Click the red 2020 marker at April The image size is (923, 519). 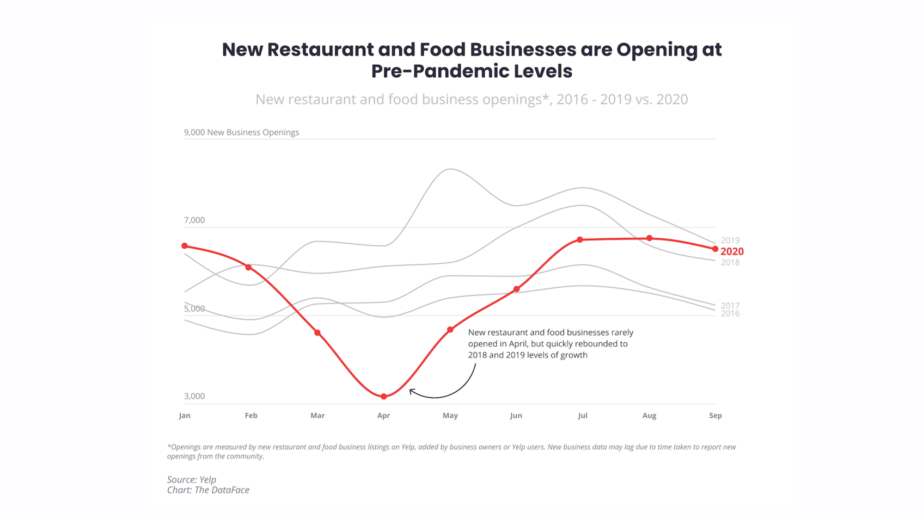(x=384, y=397)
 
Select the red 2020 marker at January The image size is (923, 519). (x=185, y=246)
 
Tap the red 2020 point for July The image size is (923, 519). (x=580, y=239)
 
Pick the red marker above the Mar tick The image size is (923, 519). (x=317, y=332)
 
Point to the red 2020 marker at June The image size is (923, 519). (x=516, y=289)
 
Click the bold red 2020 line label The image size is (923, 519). (x=732, y=251)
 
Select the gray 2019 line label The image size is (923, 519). (x=730, y=240)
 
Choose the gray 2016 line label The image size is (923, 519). (x=730, y=313)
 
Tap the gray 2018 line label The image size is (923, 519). (x=730, y=262)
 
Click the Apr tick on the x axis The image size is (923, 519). (x=383, y=415)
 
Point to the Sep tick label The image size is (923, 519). (x=715, y=415)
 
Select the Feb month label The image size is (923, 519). (x=251, y=415)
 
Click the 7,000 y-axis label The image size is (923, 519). (x=194, y=220)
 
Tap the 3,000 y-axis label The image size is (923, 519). (x=194, y=396)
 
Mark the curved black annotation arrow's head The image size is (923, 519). (x=412, y=391)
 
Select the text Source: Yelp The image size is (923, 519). (x=192, y=479)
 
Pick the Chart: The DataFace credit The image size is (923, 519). (x=208, y=490)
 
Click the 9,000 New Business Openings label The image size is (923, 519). (x=241, y=132)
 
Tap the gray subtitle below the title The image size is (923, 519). (x=472, y=99)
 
